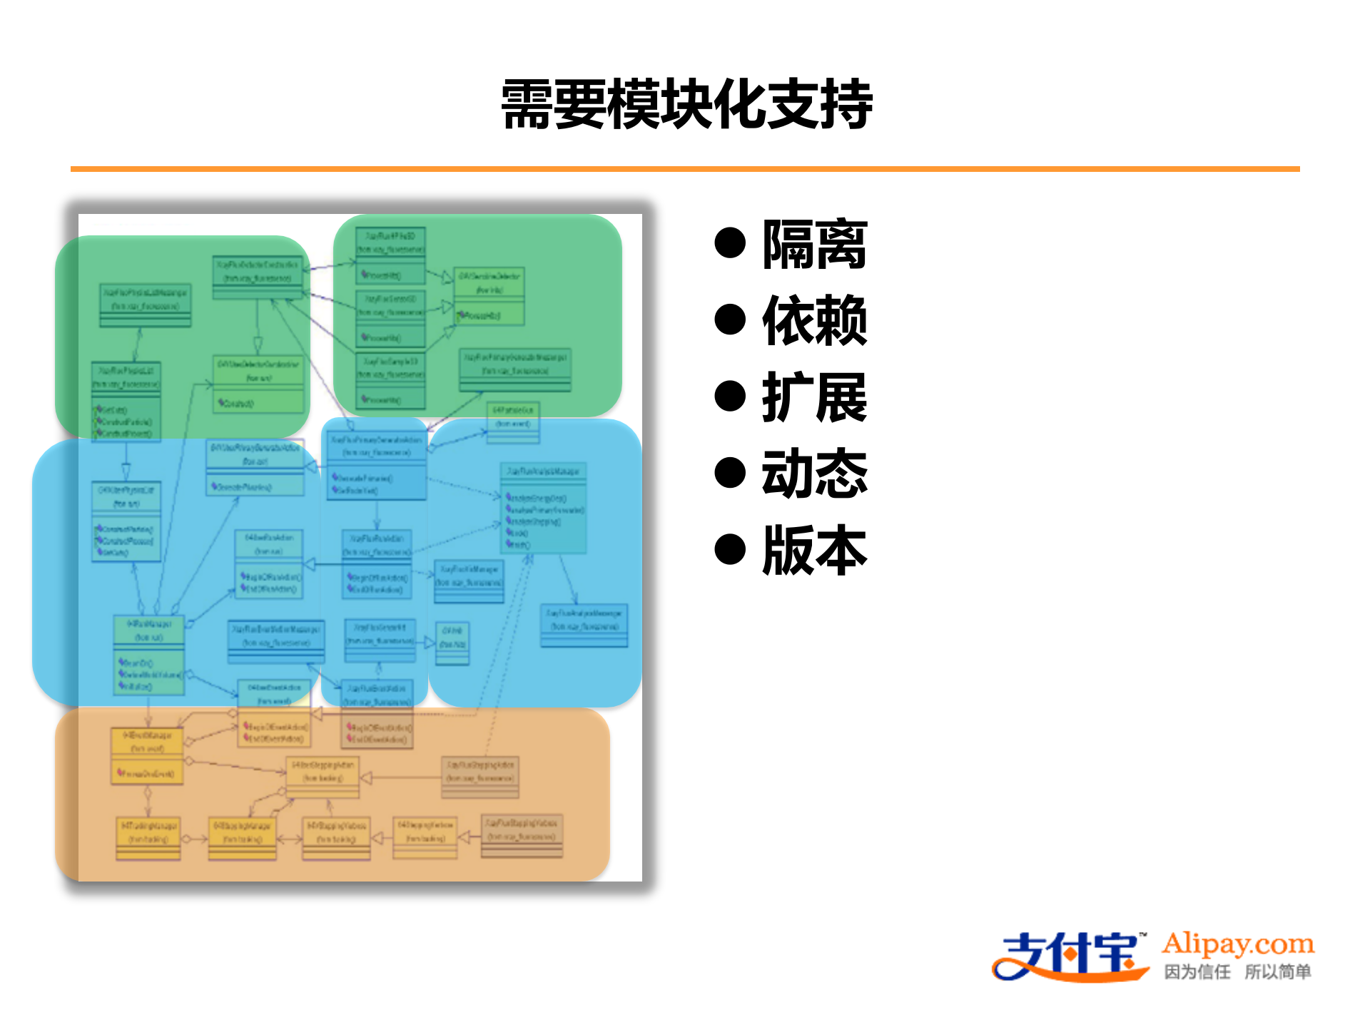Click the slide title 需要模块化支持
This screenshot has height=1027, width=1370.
click(x=686, y=105)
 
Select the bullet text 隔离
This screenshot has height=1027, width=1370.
click(x=814, y=245)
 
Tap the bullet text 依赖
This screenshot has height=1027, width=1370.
click(x=814, y=321)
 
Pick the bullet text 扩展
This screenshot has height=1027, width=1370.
click(x=814, y=397)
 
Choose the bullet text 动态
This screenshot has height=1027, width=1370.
click(x=814, y=474)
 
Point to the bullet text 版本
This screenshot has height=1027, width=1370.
click(x=814, y=550)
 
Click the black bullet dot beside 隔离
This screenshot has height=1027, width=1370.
click(x=729, y=243)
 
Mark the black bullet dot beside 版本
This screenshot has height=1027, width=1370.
click(x=729, y=549)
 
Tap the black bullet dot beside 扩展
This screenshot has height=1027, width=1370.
click(x=729, y=397)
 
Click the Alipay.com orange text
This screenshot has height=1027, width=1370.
click(x=1238, y=944)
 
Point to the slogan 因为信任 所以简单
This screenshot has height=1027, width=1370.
click(x=1238, y=972)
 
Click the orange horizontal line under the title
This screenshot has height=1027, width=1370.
click(x=685, y=169)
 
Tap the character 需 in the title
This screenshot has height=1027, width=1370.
click(x=527, y=105)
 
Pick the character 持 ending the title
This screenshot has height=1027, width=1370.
click(x=846, y=105)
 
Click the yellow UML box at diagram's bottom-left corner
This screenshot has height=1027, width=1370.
click(x=148, y=839)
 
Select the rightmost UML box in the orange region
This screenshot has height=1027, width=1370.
click(x=522, y=836)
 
